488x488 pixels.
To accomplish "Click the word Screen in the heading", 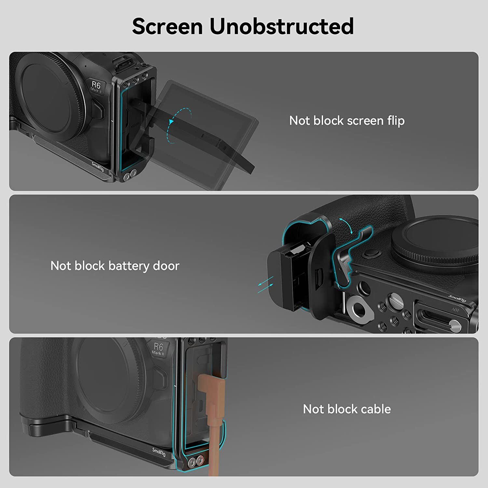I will [167, 26].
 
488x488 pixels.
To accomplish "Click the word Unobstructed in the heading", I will [282, 26].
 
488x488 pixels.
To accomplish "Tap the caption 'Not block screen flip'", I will [347, 121].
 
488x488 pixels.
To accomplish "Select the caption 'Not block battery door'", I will [115, 266].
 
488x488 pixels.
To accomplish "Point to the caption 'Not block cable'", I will [347, 409].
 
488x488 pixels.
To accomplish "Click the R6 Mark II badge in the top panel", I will [96, 87].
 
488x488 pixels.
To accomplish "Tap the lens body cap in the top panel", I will [46, 98].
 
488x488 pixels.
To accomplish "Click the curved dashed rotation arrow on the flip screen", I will [179, 125].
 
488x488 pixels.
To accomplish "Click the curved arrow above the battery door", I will [346, 225].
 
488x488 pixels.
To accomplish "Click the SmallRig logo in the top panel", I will [98, 167].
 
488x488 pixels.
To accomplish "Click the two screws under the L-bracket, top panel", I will [130, 175].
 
